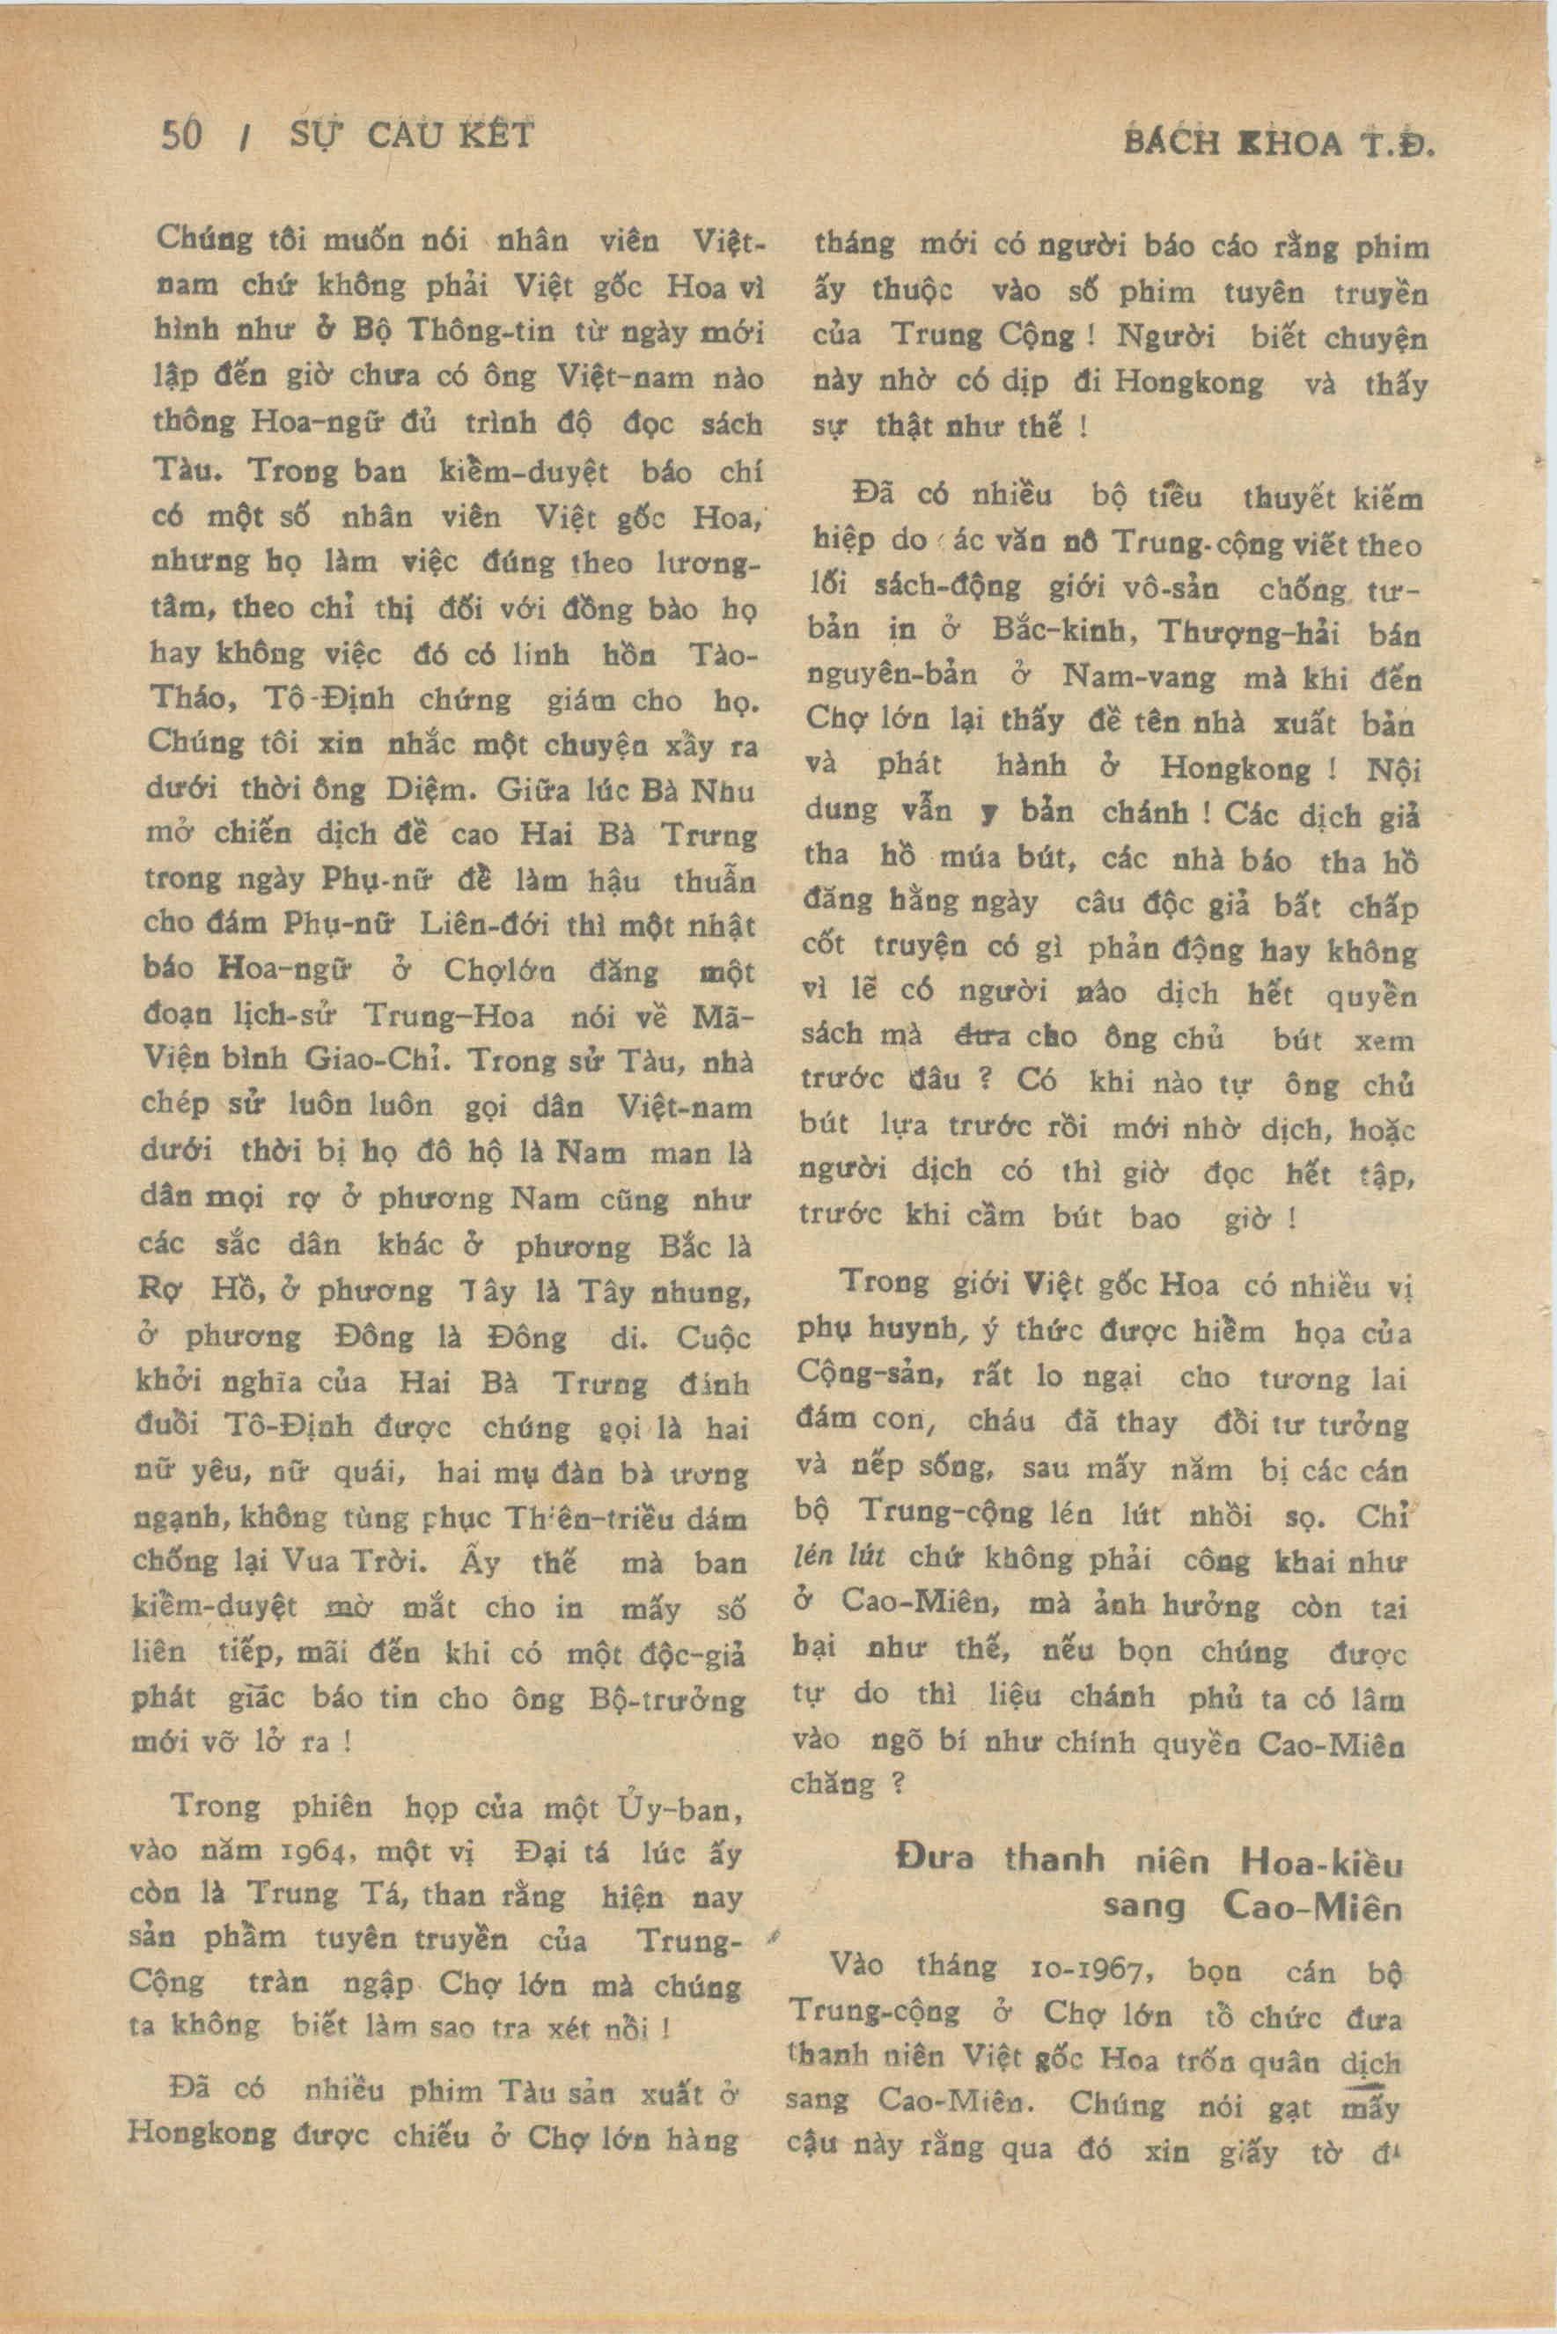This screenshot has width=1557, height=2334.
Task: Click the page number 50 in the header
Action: pyautogui.click(x=180, y=134)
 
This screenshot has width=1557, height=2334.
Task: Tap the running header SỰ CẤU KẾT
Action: pyautogui.click(x=411, y=134)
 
